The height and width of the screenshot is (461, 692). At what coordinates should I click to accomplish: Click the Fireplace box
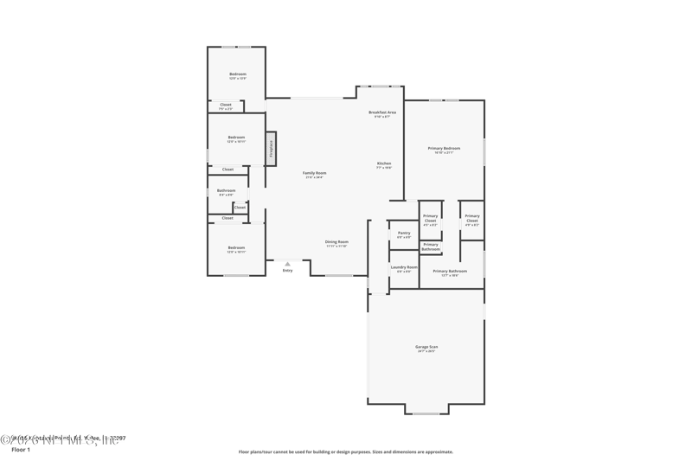tap(271, 147)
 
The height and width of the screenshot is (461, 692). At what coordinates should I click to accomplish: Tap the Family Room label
tap(315, 173)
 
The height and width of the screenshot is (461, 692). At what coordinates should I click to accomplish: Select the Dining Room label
tap(336, 241)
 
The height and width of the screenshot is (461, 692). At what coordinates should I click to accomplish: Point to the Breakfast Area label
tap(382, 112)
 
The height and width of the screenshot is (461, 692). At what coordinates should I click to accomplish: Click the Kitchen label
tap(383, 163)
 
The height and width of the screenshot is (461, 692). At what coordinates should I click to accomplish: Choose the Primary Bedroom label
tap(444, 148)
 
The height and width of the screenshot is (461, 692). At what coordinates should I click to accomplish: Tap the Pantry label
tap(404, 233)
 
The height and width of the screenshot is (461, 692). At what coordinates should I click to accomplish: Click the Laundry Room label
tap(404, 267)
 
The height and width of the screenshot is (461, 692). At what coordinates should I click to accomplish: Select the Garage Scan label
tap(426, 347)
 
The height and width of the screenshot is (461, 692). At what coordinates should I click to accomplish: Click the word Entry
tap(287, 270)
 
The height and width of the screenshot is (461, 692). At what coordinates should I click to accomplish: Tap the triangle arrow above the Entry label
tap(287, 262)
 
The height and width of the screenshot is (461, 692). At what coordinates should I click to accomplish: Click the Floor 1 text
tap(20, 450)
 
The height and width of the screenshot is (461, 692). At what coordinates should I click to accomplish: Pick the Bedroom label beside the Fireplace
tap(236, 138)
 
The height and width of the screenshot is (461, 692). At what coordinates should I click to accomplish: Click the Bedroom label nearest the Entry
tap(236, 247)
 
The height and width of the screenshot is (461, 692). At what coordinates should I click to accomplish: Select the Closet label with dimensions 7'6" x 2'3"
tap(225, 105)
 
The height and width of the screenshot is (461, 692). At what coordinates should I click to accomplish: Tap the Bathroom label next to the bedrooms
tap(226, 190)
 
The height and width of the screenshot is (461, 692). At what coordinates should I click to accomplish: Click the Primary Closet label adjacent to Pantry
tap(430, 218)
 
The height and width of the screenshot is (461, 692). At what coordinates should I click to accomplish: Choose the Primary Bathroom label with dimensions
tap(450, 271)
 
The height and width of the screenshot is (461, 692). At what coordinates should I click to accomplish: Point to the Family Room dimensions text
tap(315, 177)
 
